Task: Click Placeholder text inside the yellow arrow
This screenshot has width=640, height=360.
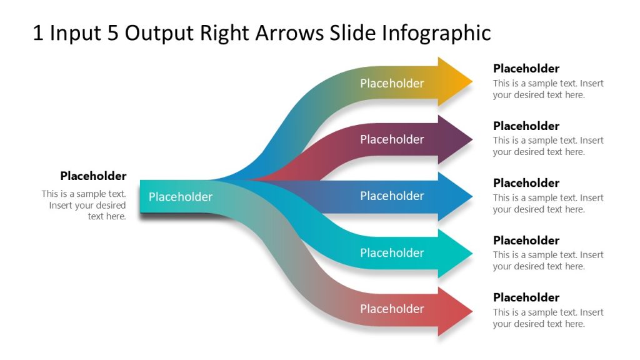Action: [392, 83]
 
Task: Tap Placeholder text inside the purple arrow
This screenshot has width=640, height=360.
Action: [392, 139]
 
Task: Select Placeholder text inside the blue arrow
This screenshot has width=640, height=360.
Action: [392, 196]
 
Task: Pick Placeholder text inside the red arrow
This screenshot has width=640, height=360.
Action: [392, 309]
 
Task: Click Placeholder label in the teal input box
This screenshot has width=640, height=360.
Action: [181, 197]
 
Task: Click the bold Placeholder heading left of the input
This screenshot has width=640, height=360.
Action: [93, 176]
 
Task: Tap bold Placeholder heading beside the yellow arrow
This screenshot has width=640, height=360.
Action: [526, 68]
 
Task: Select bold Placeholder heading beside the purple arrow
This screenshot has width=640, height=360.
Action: [526, 126]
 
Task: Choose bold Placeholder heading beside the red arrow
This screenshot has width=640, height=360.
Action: [526, 297]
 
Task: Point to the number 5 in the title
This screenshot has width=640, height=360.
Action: [112, 33]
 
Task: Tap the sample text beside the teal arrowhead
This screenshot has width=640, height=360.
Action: [548, 261]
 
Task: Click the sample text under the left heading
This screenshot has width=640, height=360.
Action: [84, 205]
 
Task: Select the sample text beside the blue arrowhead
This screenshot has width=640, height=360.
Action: [548, 204]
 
